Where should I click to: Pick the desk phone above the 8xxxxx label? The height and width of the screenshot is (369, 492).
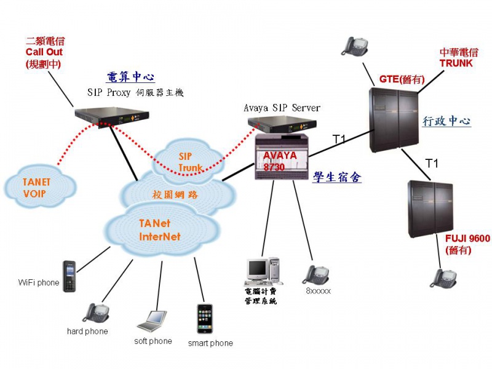(x=315, y=274)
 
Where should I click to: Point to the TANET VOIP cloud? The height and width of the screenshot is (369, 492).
(x=34, y=186)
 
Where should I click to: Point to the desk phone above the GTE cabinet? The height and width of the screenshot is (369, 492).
(x=355, y=46)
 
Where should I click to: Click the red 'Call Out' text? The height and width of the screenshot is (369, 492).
(x=44, y=52)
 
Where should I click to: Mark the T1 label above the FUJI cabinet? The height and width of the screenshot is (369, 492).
(x=433, y=163)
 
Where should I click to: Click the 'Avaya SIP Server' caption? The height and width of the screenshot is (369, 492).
(x=282, y=108)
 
